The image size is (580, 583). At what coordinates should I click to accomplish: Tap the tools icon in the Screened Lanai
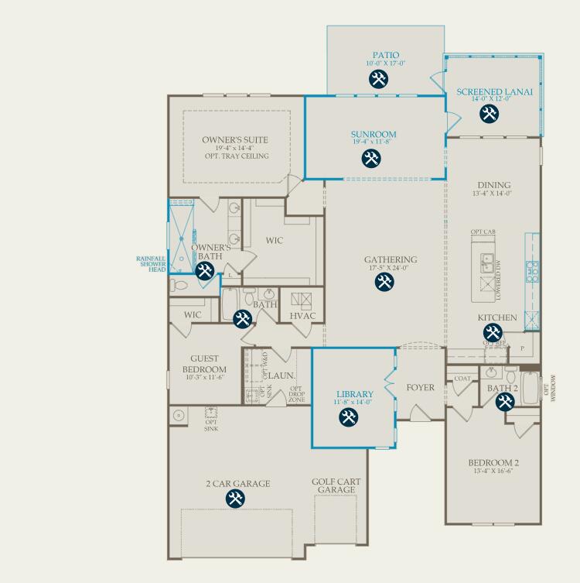pyautogui.click(x=489, y=114)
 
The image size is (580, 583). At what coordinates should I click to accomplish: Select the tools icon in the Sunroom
pyautogui.click(x=371, y=158)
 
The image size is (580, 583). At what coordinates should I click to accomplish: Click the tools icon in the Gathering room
pyautogui.click(x=384, y=282)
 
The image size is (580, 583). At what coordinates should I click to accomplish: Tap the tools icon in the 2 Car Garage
pyautogui.click(x=235, y=499)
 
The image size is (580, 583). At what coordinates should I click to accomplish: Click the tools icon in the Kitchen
pyautogui.click(x=493, y=334)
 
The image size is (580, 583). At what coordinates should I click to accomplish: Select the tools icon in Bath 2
pyautogui.click(x=504, y=402)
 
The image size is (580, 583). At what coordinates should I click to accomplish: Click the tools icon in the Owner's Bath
pyautogui.click(x=205, y=270)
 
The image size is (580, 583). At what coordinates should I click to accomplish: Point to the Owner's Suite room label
pyautogui.click(x=235, y=140)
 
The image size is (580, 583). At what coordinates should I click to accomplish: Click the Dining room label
pyautogui.click(x=494, y=185)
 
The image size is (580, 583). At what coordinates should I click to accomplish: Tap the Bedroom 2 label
pyautogui.click(x=493, y=463)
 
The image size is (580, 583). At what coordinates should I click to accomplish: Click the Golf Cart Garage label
pyautogui.click(x=336, y=485)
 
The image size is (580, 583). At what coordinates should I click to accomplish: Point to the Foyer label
pyautogui.click(x=420, y=387)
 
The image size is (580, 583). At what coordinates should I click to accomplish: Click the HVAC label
pyautogui.click(x=302, y=316)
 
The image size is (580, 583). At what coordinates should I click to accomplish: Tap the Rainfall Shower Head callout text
pyautogui.click(x=152, y=263)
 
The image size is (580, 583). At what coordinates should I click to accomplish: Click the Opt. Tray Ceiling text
pyautogui.click(x=237, y=156)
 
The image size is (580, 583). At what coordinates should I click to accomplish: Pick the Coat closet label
pyautogui.click(x=462, y=379)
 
